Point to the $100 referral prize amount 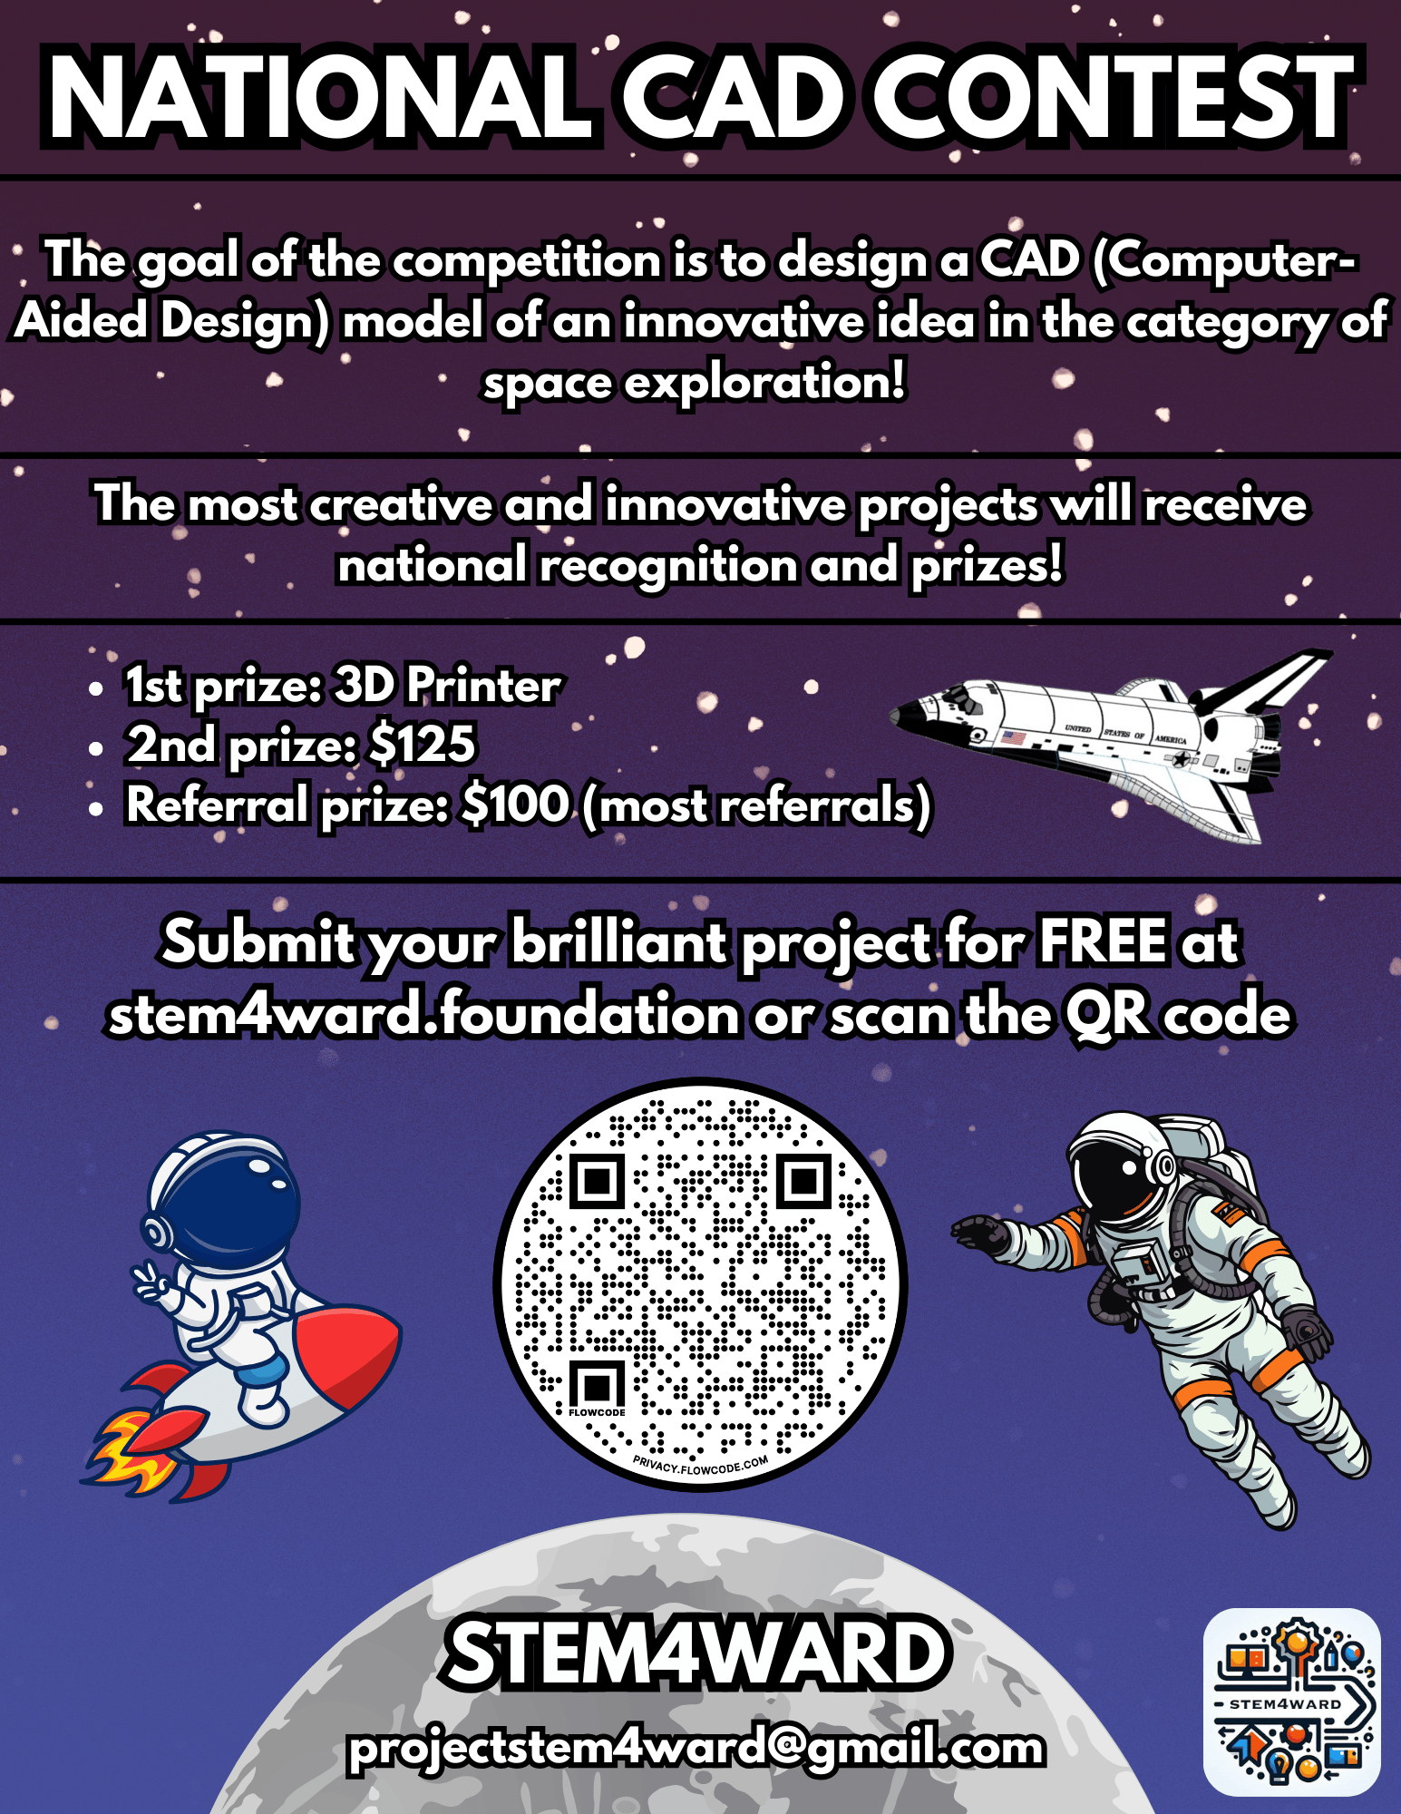(515, 805)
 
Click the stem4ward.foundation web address (423, 1013)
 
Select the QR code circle (700, 1284)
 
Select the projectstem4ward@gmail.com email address (696, 1748)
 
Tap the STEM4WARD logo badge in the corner (1291, 1702)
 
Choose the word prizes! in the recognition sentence (986, 565)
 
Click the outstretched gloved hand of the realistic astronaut (979, 1234)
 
